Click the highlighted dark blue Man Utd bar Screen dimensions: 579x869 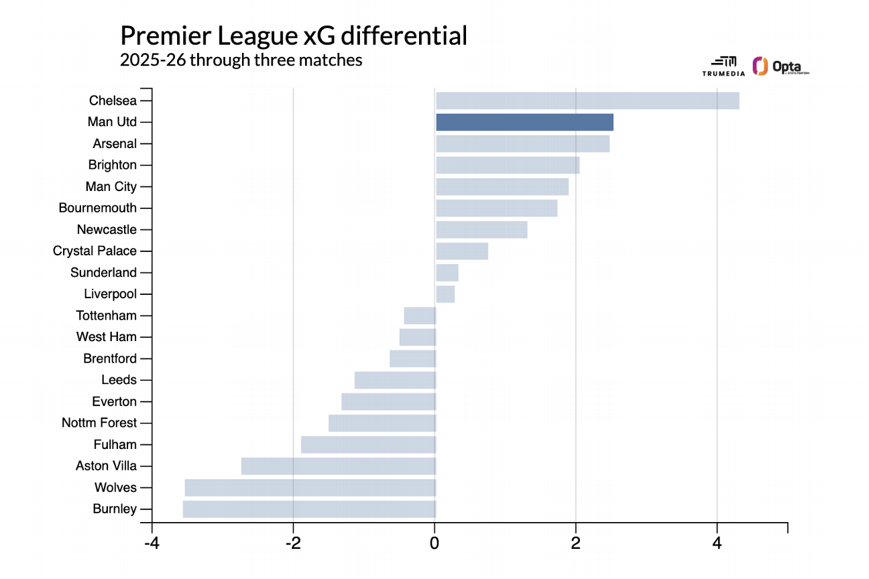tap(524, 122)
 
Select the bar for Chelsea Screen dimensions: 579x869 tap(587, 101)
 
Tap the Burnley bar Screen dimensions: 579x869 tap(309, 509)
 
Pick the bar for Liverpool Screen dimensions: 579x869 tap(445, 294)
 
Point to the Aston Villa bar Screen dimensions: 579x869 tap(339, 466)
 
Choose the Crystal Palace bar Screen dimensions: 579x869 tap(462, 251)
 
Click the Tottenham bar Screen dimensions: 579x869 tap(420, 316)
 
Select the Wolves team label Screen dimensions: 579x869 tap(115, 488)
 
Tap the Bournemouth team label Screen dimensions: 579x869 tap(97, 208)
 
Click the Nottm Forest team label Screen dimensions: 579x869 tap(99, 423)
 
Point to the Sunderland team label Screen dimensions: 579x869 tap(103, 273)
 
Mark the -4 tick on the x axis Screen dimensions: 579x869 tap(152, 541)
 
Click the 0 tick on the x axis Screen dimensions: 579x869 tap(434, 541)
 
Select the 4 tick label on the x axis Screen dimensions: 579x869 tap(717, 541)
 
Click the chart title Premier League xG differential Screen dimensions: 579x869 tap(293, 36)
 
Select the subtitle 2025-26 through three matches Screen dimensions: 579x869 tap(241, 60)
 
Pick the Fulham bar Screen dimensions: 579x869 tap(368, 445)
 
